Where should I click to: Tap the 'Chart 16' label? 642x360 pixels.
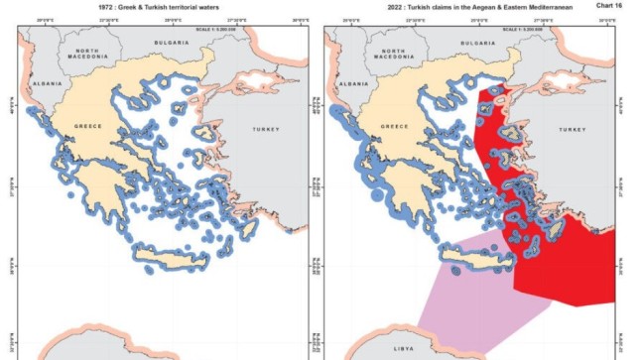click(607, 6)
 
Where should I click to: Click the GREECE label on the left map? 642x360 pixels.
click(90, 127)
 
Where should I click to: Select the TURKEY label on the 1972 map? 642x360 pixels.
click(266, 130)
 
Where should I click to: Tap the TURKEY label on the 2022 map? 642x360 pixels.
click(574, 130)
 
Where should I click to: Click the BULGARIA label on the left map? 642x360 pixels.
click(172, 44)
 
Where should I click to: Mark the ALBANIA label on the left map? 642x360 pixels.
click(47, 84)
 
